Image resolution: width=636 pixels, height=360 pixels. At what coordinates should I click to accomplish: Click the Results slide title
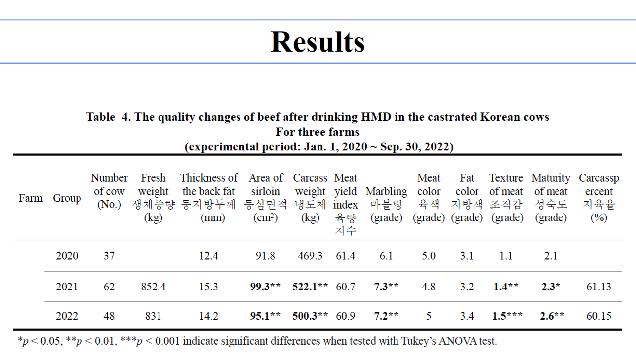pos(318,42)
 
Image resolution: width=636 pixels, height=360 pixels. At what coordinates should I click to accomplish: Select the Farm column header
pos(31,198)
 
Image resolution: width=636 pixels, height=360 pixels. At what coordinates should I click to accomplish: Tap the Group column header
pos(67,198)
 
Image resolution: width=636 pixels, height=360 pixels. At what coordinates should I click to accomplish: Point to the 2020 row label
pos(67,256)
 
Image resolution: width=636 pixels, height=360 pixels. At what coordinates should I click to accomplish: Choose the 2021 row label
pos(67,287)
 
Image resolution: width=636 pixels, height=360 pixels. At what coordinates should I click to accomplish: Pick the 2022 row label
pos(67,316)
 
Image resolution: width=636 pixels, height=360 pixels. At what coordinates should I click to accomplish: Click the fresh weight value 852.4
pos(153,287)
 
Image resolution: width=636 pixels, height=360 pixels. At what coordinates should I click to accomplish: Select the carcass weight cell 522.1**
pos(310,287)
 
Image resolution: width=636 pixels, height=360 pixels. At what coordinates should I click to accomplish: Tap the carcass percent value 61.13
pos(599,287)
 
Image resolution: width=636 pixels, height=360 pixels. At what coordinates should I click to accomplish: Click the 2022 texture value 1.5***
pos(507,316)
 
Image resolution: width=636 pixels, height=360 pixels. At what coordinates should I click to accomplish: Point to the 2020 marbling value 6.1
pos(386,256)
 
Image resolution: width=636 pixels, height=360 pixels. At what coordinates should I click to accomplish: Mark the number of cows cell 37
pos(109,256)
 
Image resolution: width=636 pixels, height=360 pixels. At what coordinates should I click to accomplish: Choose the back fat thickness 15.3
pos(209,287)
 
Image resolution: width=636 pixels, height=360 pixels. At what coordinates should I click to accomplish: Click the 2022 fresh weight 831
pos(153,316)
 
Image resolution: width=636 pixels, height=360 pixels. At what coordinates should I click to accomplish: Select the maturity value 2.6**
pos(552,316)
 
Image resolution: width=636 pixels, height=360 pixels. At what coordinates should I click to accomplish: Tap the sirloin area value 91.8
pos(266,256)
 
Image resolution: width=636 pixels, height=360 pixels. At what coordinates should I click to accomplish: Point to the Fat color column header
pos(467,198)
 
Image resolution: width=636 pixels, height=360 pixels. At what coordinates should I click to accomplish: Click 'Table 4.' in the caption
pos(108,117)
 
